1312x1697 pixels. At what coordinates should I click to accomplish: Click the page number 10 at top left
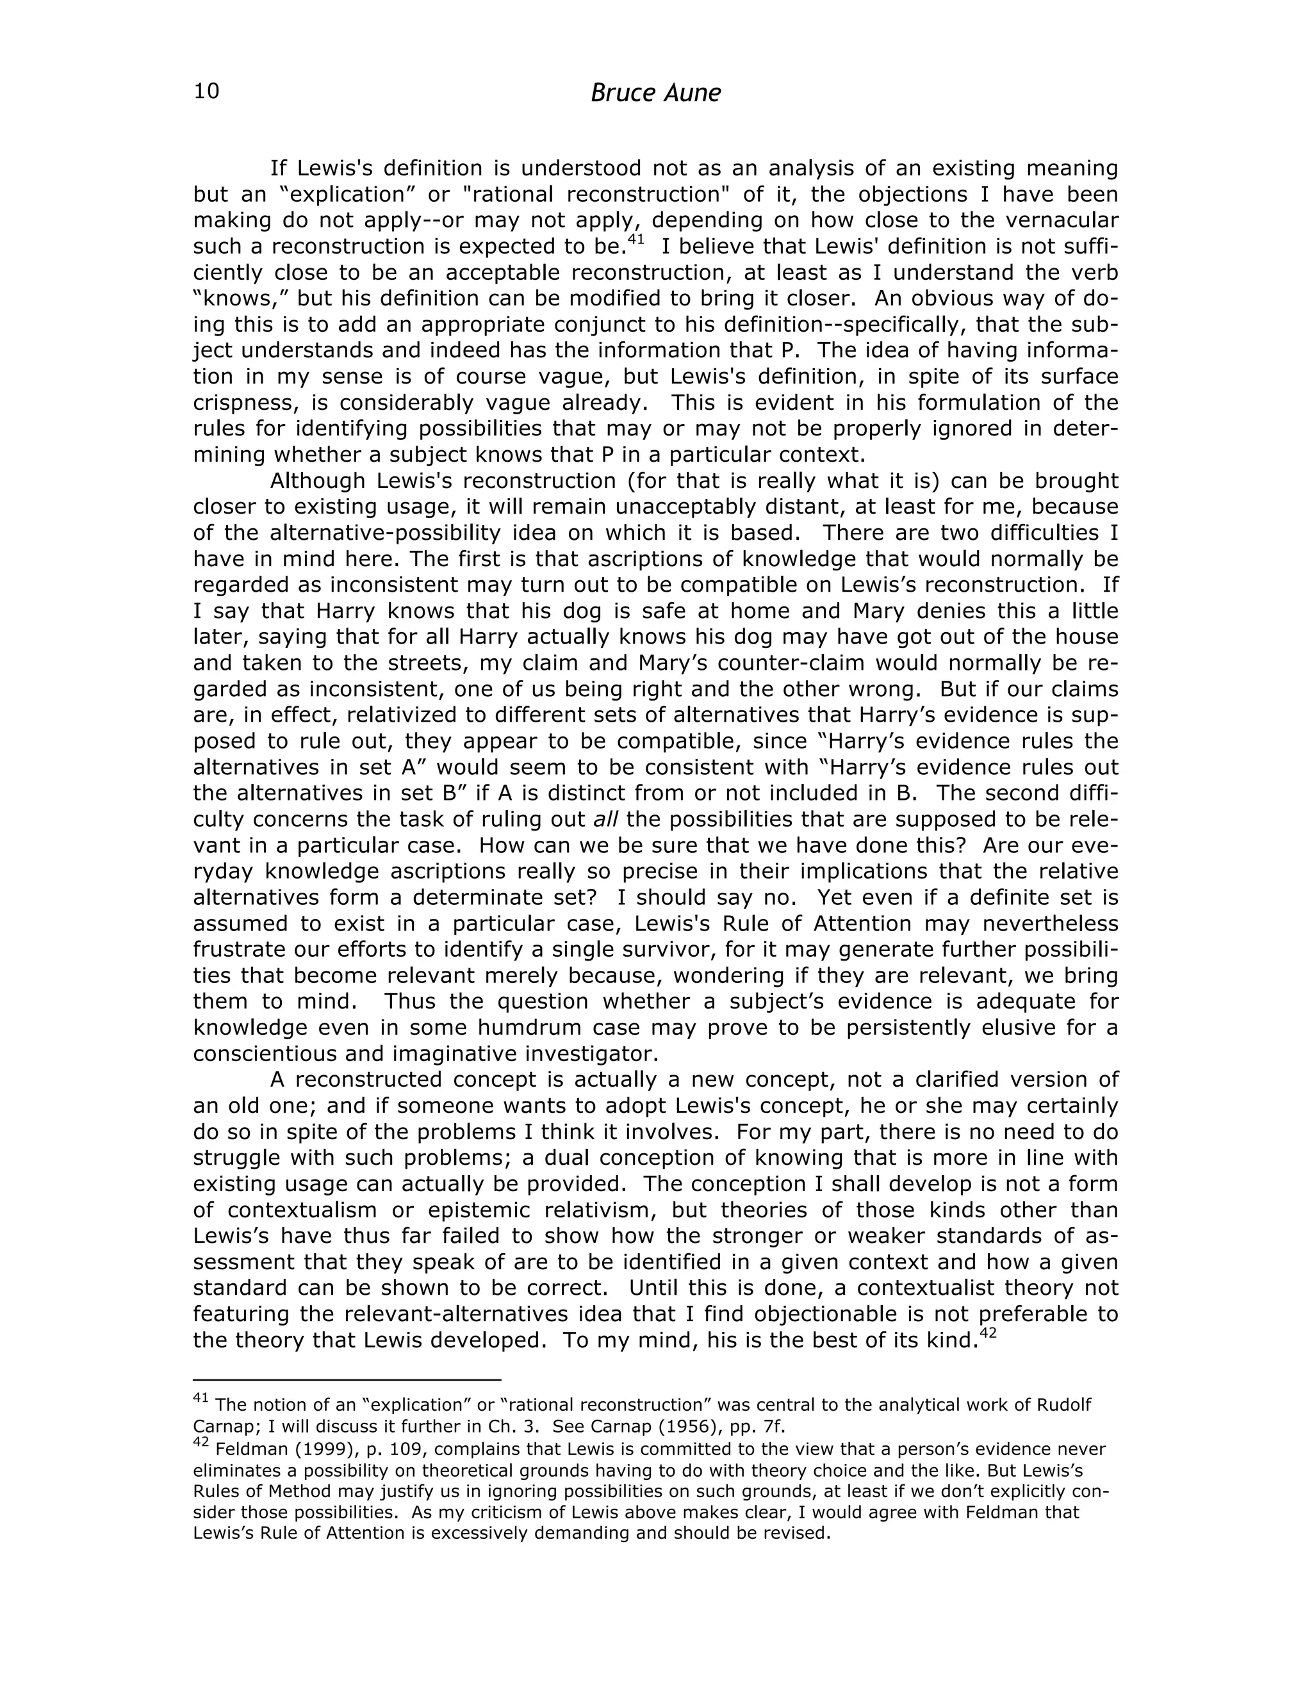tap(207, 92)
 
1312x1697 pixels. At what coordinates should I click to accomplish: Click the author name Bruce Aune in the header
tap(655, 93)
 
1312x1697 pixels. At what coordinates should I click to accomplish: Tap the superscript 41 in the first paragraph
tap(635, 240)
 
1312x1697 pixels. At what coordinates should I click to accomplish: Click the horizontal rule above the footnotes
tap(347, 1380)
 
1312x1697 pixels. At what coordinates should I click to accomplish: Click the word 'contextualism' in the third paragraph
tap(302, 1210)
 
